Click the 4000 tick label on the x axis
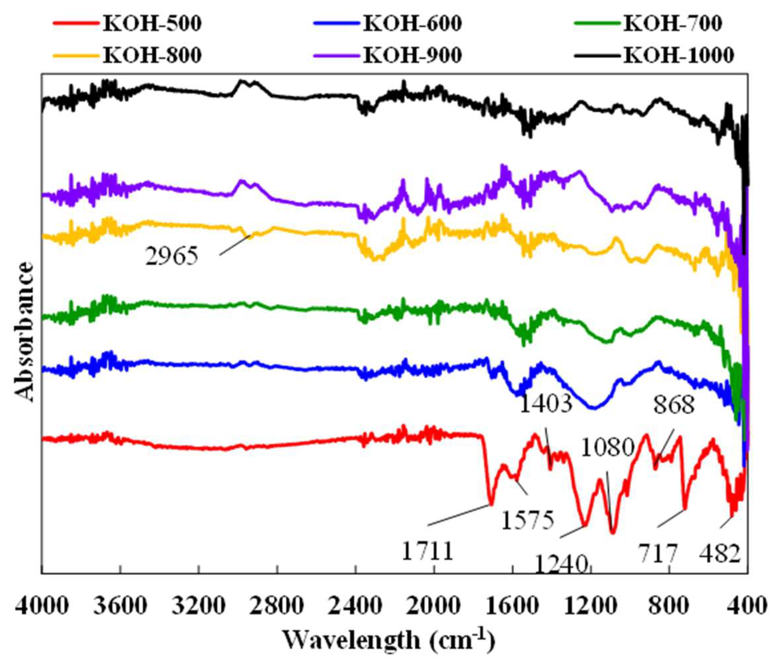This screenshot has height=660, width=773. (x=42, y=606)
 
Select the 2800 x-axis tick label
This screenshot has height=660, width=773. (x=277, y=606)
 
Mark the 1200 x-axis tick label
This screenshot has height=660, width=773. (x=591, y=606)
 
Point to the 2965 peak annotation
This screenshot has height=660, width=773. (x=172, y=257)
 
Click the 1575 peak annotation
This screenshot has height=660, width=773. (x=527, y=520)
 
